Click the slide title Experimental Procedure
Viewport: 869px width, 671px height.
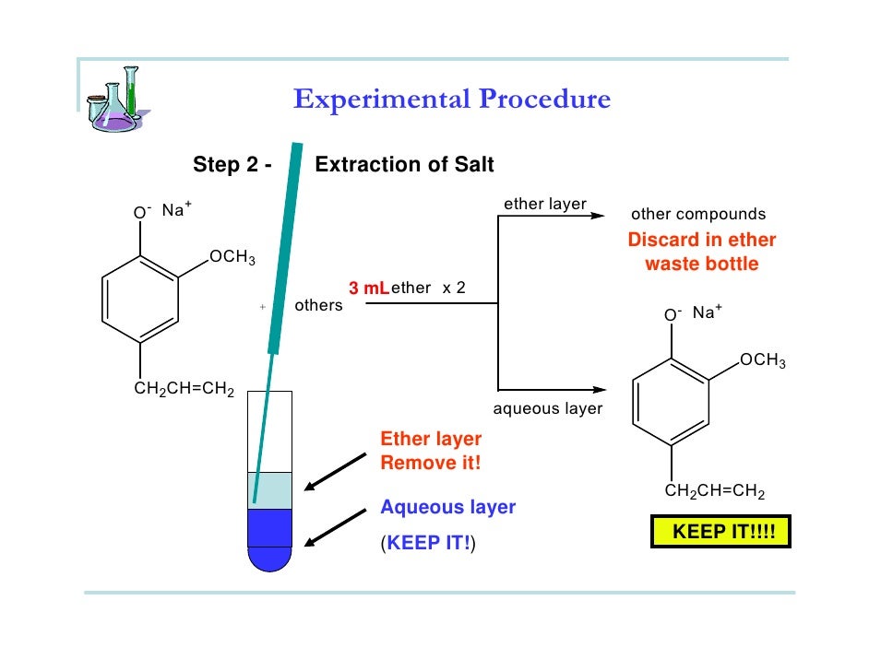[452, 100]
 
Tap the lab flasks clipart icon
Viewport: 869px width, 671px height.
[115, 99]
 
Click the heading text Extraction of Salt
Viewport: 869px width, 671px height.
[404, 165]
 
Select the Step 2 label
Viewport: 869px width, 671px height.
[232, 165]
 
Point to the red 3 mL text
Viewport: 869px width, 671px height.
[368, 288]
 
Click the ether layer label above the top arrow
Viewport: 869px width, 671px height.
[545, 204]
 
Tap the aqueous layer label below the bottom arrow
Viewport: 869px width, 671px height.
[548, 408]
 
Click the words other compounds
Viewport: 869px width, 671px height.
[698, 215]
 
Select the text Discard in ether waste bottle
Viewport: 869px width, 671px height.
[702, 252]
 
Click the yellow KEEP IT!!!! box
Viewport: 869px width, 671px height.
[720, 533]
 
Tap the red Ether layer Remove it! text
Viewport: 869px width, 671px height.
[431, 451]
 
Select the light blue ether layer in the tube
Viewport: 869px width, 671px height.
[270, 490]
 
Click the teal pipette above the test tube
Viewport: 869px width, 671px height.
[285, 258]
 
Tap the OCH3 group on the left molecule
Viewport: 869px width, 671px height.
[232, 257]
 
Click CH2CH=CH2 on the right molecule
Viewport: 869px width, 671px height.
[715, 491]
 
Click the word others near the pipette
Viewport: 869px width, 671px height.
[318, 305]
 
